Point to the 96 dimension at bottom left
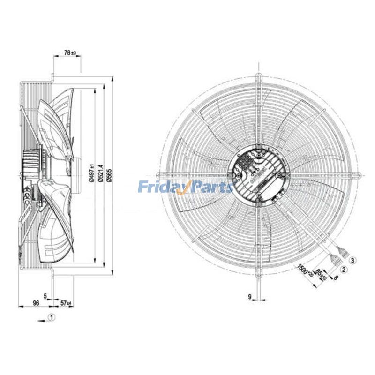(x=36, y=303)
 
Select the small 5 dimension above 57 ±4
(x=45, y=296)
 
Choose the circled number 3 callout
(x=353, y=259)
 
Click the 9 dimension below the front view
(x=250, y=297)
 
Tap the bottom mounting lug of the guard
(x=257, y=275)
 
